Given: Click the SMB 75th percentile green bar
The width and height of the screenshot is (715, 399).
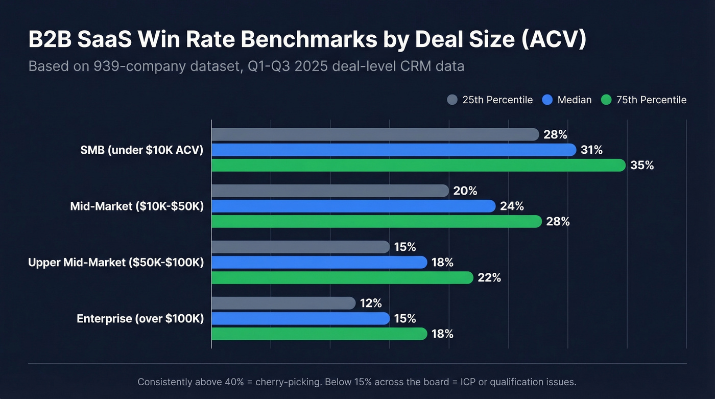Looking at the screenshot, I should [418, 166].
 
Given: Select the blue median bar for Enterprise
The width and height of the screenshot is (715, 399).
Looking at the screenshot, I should [300, 318].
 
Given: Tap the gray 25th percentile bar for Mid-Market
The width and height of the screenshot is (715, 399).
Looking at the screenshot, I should [329, 191].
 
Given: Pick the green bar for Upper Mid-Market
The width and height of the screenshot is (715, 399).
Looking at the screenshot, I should [342, 277].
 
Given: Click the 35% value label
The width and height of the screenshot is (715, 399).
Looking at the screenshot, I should [642, 166].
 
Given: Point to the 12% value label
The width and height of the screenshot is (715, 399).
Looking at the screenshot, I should [370, 303].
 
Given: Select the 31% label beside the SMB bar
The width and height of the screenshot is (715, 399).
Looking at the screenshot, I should [591, 150].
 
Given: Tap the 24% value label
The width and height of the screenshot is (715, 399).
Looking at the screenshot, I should [512, 206].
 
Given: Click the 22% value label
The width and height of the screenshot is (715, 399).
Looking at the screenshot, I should [489, 278].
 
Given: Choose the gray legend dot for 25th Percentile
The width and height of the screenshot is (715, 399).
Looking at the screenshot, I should [452, 100].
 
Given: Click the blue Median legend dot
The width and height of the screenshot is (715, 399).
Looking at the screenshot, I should [547, 100].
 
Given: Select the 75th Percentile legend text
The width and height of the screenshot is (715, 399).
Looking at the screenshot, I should [651, 100].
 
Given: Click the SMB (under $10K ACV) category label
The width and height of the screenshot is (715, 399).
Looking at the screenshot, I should [142, 150].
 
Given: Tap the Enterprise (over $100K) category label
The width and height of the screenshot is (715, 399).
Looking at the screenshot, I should [140, 319].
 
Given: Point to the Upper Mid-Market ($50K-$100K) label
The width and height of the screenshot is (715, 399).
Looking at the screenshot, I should [116, 263].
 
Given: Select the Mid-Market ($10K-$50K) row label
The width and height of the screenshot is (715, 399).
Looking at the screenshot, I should [137, 206].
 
